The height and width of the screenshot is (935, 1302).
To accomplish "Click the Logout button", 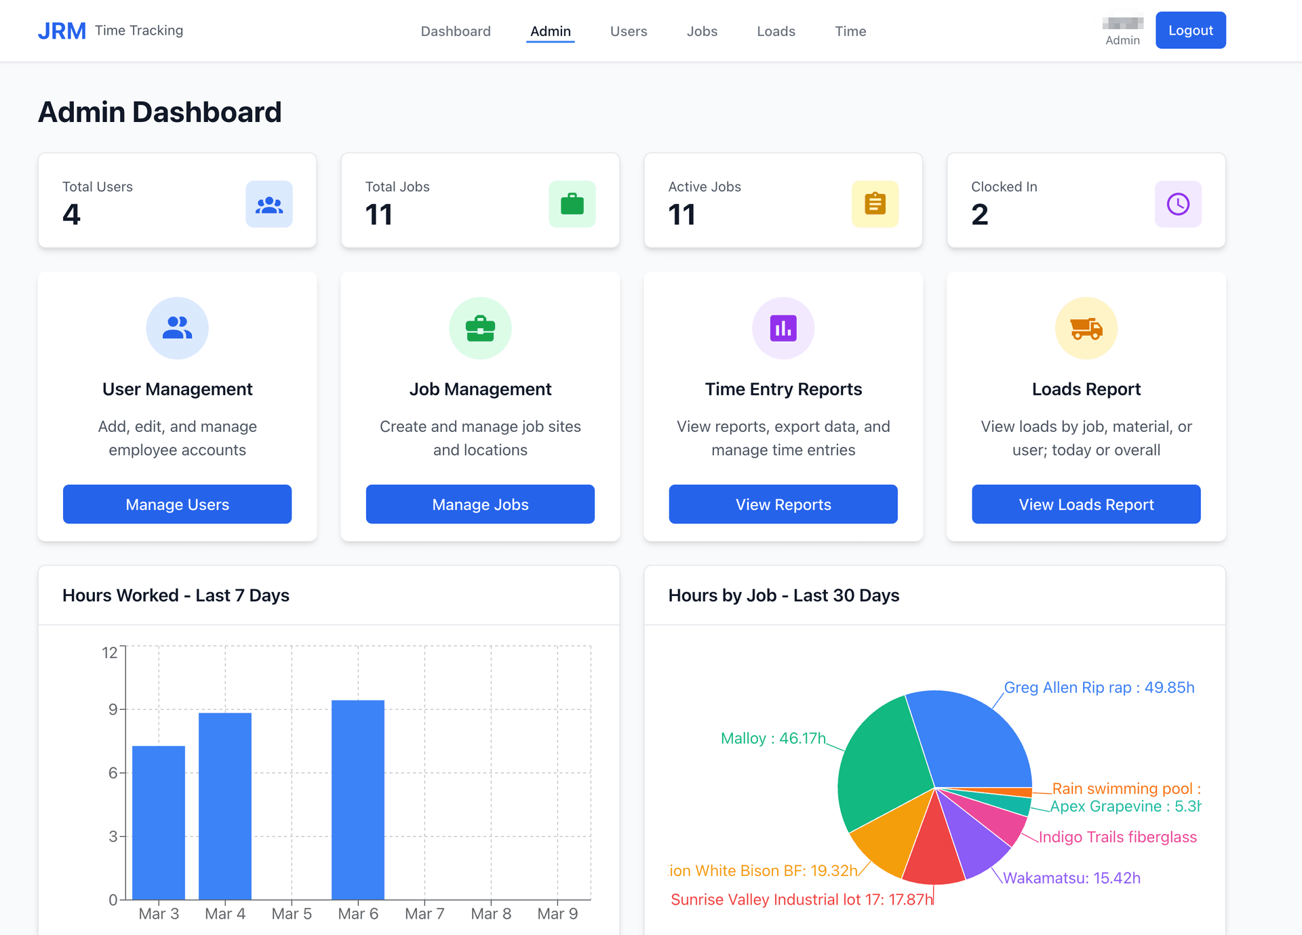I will (x=1190, y=31).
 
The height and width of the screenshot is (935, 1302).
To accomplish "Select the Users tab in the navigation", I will (x=628, y=31).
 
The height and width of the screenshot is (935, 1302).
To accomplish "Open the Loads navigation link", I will (x=776, y=31).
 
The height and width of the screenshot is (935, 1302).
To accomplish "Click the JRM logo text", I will (x=62, y=31).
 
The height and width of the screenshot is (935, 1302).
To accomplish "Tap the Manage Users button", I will (x=177, y=504).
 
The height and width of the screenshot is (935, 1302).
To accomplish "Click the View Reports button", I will (x=783, y=504).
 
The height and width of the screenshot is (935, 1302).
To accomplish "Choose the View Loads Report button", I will (x=1086, y=504).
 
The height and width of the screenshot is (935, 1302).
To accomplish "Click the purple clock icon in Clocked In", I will (x=1178, y=204).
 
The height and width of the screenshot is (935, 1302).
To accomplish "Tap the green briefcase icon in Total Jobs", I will (x=572, y=204).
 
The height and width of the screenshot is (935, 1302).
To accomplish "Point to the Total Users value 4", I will (x=71, y=215).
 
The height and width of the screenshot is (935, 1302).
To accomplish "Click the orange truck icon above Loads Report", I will (x=1086, y=328).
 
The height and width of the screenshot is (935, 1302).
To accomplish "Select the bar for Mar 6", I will (x=358, y=800).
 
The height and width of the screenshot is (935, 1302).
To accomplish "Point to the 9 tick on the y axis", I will (x=113, y=709).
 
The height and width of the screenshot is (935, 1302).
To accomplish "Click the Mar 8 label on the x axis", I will (x=491, y=914).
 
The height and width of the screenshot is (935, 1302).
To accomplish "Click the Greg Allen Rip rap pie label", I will (x=1099, y=688).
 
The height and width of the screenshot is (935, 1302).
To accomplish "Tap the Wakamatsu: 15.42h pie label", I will (x=1071, y=878).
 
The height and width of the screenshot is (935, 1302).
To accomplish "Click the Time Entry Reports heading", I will (x=783, y=389).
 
